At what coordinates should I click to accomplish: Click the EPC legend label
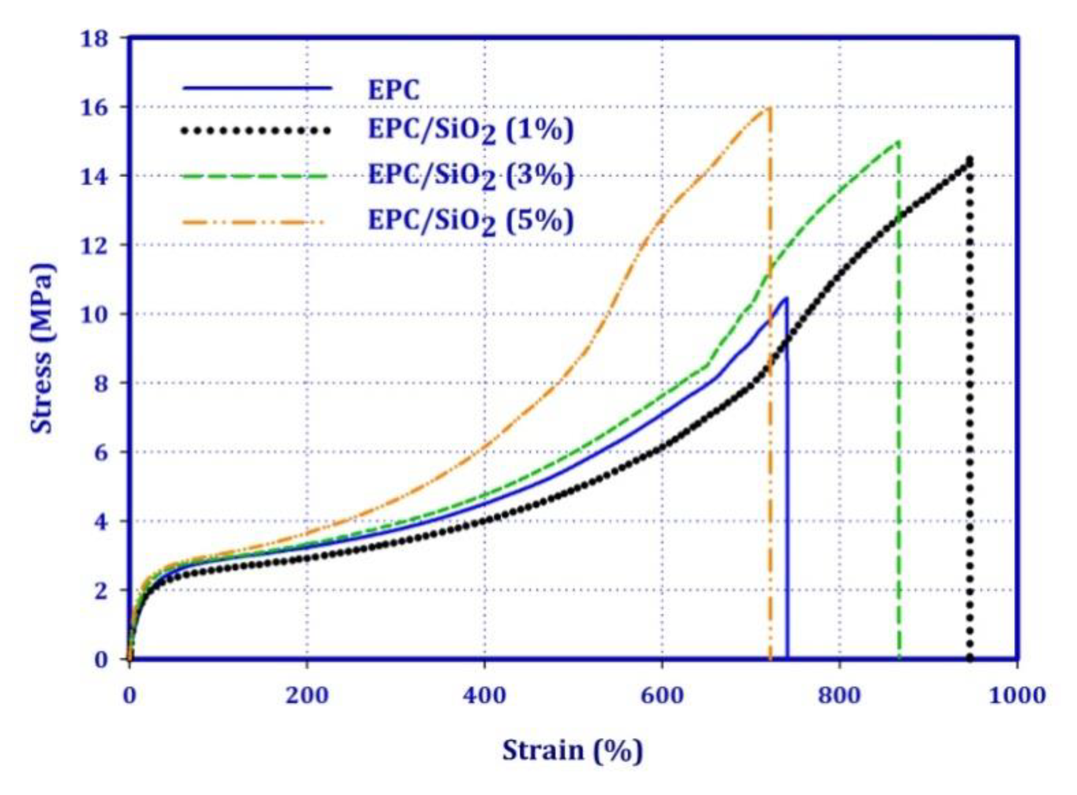[394, 90]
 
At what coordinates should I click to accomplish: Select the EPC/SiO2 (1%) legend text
[470, 130]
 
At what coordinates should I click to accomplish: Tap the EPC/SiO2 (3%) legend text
[470, 175]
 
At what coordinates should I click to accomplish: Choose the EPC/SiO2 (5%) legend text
[470, 221]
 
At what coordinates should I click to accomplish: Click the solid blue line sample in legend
[257, 88]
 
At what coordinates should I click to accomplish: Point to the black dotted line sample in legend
[256, 130]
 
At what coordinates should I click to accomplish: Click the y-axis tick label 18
[95, 39]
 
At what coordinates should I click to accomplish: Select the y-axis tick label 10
[95, 314]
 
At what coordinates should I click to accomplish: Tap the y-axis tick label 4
[101, 522]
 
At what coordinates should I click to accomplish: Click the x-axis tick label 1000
[1017, 696]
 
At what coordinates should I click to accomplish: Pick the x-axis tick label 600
[662, 696]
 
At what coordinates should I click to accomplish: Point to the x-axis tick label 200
[307, 696]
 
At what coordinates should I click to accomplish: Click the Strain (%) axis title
[572, 751]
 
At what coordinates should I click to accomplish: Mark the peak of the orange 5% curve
[769, 107]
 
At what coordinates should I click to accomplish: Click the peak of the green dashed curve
[898, 141]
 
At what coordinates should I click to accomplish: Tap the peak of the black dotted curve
[969, 159]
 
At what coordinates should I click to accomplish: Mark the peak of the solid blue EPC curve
[786, 298]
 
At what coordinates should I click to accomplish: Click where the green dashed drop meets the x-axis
[899, 658]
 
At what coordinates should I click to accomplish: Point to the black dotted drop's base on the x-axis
[969, 658]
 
